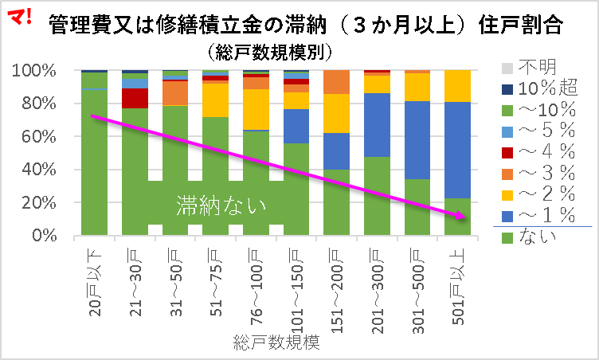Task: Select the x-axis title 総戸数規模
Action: click(x=276, y=344)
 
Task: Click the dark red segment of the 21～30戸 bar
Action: click(x=135, y=98)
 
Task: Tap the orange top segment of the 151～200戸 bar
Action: click(x=336, y=82)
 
